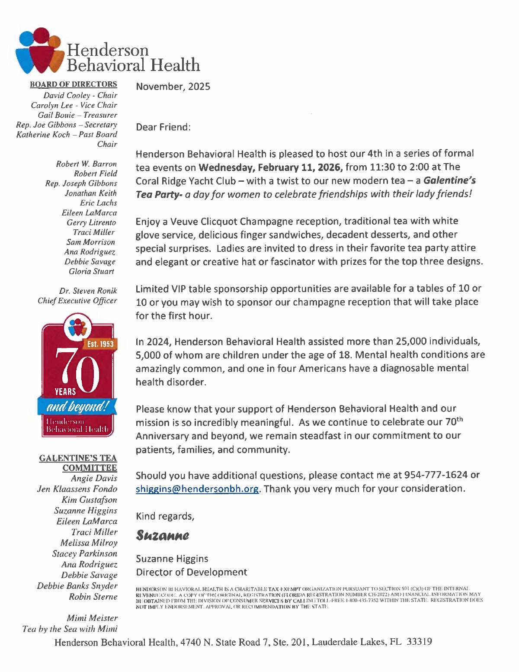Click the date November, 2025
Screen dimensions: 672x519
[173, 87]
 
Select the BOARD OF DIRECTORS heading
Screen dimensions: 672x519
[74, 84]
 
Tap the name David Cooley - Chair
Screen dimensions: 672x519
[80, 95]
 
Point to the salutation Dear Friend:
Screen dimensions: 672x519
[163, 127]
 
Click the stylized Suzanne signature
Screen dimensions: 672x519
[163, 535]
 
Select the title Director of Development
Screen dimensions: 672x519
[192, 572]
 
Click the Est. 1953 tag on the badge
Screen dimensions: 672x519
[100, 344]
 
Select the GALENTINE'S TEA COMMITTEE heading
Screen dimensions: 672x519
[78, 463]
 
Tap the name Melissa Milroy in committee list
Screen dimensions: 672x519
[89, 543]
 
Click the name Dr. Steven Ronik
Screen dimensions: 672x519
[88, 291]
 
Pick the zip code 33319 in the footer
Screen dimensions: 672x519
[419, 642]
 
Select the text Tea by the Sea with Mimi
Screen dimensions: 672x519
[70, 629]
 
